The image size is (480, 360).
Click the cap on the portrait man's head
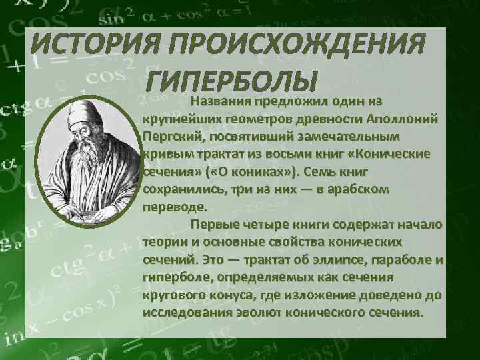click(85, 109)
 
